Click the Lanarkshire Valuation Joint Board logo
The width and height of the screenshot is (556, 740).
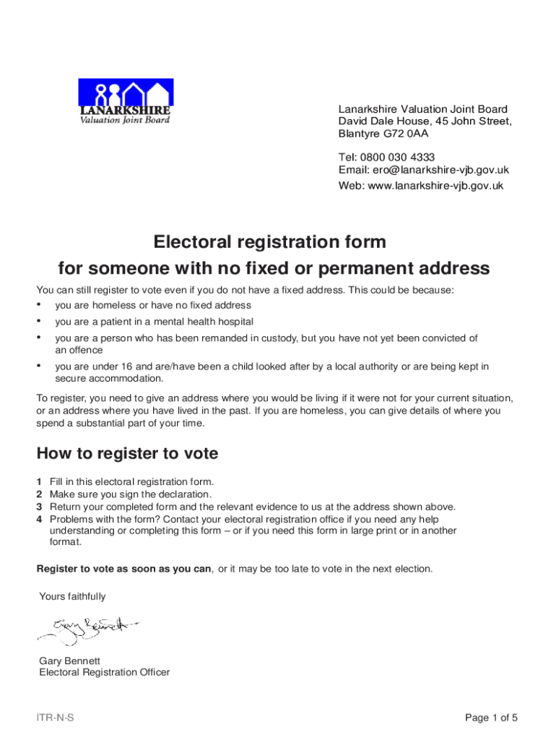click(124, 102)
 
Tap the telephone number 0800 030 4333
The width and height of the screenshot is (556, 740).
click(409, 157)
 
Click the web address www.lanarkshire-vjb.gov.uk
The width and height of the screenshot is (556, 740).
click(435, 186)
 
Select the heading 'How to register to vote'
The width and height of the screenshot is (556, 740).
click(127, 454)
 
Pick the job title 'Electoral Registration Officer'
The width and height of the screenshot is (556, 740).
click(105, 672)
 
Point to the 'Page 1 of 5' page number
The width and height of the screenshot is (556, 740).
click(491, 718)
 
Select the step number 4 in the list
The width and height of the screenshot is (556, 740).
click(40, 519)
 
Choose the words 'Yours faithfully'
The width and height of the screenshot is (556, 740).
click(72, 596)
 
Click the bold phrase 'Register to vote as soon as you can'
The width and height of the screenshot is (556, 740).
click(124, 569)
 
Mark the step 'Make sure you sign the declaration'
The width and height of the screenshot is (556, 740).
click(130, 494)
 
